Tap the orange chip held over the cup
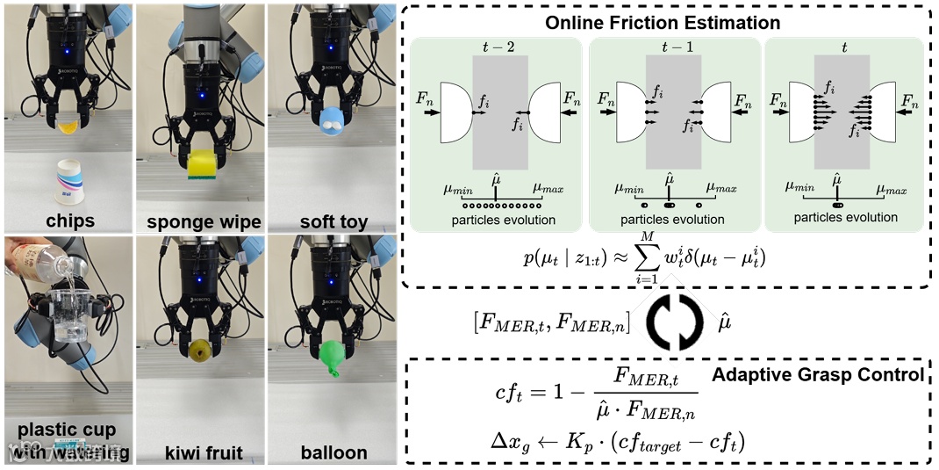(69, 128)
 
